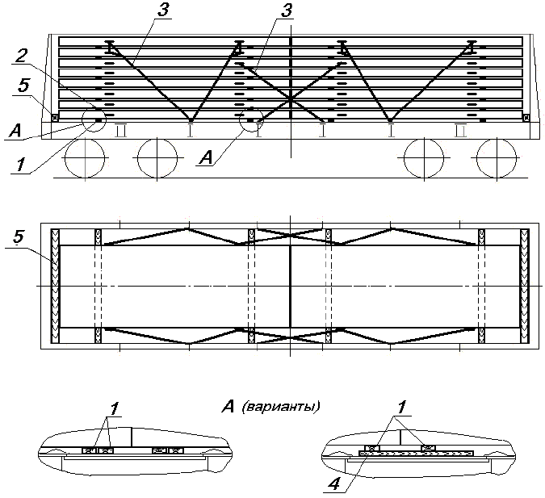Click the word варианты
(280, 406)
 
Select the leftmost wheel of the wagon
(84, 157)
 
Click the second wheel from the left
(156, 157)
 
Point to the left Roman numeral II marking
(121, 129)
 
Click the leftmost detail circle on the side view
(95, 119)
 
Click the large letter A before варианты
(228, 405)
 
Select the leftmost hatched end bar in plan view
(56, 287)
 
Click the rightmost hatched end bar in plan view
(525, 287)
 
